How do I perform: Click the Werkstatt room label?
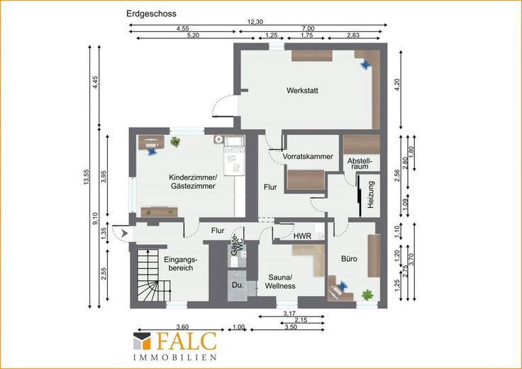(302, 90)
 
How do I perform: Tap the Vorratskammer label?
(308, 156)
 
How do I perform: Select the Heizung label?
(371, 195)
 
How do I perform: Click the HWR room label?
(302, 236)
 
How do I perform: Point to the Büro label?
(349, 259)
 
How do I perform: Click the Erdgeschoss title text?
(151, 13)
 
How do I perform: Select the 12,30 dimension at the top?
(255, 22)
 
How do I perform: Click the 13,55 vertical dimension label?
(87, 177)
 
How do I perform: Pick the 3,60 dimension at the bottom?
(182, 327)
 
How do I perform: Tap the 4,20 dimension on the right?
(397, 85)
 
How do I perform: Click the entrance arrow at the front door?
(125, 233)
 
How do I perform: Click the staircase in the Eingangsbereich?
(153, 275)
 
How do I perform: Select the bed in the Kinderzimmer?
(234, 155)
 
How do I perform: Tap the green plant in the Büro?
(367, 294)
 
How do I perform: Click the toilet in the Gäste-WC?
(234, 263)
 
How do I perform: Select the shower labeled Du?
(238, 285)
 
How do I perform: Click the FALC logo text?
(187, 341)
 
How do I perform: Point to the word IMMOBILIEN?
(174, 358)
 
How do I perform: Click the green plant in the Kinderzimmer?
(175, 142)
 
